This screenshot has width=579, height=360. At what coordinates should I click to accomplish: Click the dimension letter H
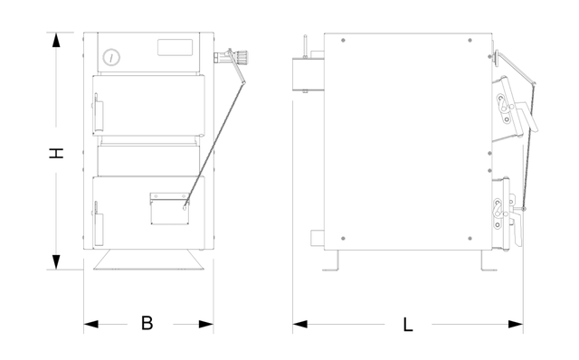tap(56, 153)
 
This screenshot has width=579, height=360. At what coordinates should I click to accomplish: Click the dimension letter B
tap(147, 323)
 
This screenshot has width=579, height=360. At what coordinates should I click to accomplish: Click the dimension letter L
tap(408, 324)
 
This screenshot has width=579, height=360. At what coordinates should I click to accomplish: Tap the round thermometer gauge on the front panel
tap(111, 57)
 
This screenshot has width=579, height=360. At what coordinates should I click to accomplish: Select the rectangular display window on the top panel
tap(175, 48)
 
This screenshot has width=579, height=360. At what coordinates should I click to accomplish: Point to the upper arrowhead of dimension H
tap(56, 40)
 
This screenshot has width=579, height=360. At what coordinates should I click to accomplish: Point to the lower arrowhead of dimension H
tap(56, 261)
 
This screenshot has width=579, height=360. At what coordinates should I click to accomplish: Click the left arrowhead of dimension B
tap(90, 324)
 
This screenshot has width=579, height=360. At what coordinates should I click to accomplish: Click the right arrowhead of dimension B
tap(206, 324)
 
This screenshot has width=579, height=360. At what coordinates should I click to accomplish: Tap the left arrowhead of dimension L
tap(299, 324)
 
